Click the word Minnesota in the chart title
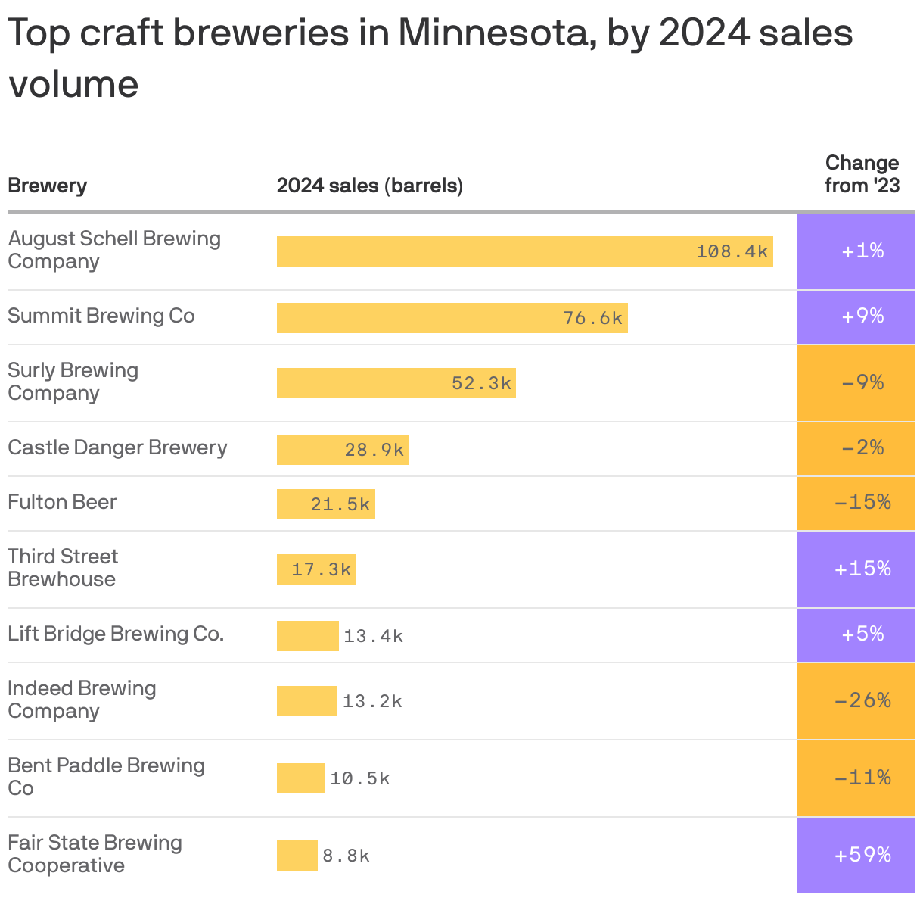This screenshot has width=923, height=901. [483, 33]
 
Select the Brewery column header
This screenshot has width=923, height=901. [47, 185]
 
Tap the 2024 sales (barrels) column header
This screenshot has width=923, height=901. [369, 185]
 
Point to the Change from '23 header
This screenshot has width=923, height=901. [862, 174]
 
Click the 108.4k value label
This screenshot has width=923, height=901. [732, 251]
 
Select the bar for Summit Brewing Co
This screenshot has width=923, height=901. [452, 318]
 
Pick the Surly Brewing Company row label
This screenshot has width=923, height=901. [73, 382]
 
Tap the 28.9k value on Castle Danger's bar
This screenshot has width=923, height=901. [374, 450]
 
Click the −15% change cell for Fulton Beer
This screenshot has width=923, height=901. [862, 503]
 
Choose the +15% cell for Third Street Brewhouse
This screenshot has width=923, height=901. [862, 569]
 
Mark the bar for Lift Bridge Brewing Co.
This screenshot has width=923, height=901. [307, 636]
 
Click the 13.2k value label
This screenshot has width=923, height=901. [372, 701]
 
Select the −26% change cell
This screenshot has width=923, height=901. [862, 701]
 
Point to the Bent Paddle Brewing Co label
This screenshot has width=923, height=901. [106, 777]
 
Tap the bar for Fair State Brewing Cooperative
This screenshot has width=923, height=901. [297, 856]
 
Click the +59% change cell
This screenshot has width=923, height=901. [862, 856]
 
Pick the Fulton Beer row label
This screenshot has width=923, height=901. [62, 503]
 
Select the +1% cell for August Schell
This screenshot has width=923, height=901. [862, 251]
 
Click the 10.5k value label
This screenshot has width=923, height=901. [359, 778]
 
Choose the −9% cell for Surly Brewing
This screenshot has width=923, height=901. [862, 383]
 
